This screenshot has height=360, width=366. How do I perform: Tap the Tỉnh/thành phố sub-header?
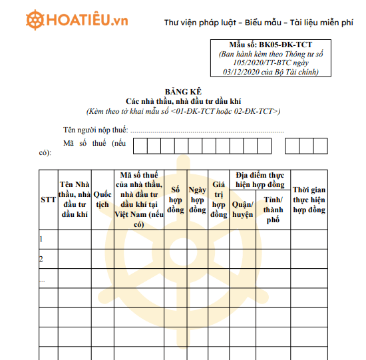273,210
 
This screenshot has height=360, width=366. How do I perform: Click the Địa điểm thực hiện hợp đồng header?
260,179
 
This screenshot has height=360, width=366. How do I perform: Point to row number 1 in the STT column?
42,239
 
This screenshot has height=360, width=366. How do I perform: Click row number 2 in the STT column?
42,259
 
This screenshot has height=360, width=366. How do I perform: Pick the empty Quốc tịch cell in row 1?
102,239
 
